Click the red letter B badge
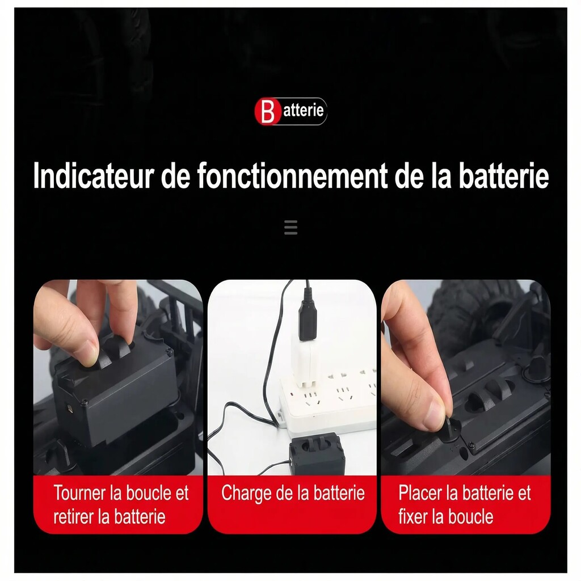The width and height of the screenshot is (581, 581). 267,111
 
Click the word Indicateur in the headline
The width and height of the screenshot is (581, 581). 94,176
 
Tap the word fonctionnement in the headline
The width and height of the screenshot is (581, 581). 292,176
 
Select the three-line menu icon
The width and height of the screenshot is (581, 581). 291,228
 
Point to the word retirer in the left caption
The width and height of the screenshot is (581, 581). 74,516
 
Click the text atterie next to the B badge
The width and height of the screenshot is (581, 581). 304,111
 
